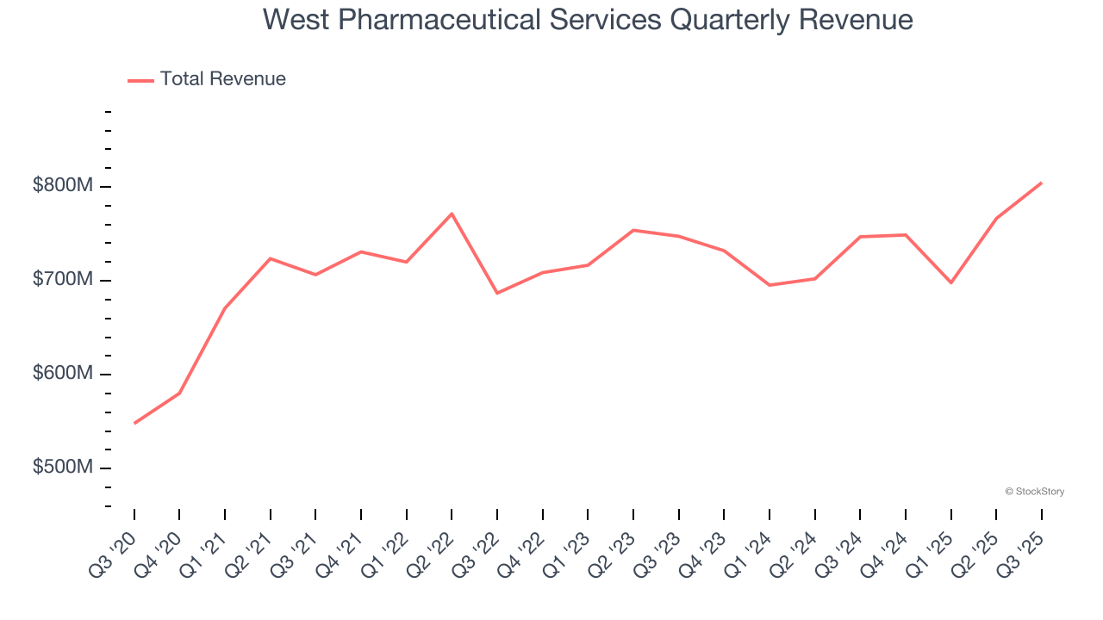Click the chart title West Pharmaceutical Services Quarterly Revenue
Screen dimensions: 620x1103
click(588, 19)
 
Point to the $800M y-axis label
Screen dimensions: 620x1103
click(63, 187)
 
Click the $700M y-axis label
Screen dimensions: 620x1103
click(63, 281)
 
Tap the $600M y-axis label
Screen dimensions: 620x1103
click(63, 375)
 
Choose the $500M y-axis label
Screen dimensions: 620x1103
click(63, 468)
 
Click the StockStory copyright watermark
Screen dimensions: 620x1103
click(1034, 492)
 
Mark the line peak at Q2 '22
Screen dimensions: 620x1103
click(452, 214)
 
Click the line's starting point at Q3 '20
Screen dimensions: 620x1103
click(134, 423)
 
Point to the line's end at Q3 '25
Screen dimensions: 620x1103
click(1041, 183)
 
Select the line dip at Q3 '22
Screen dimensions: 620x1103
click(497, 293)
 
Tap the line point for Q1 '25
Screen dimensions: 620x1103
click(950, 282)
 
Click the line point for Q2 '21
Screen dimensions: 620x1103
click(271, 258)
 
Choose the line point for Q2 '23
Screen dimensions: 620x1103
click(633, 230)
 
